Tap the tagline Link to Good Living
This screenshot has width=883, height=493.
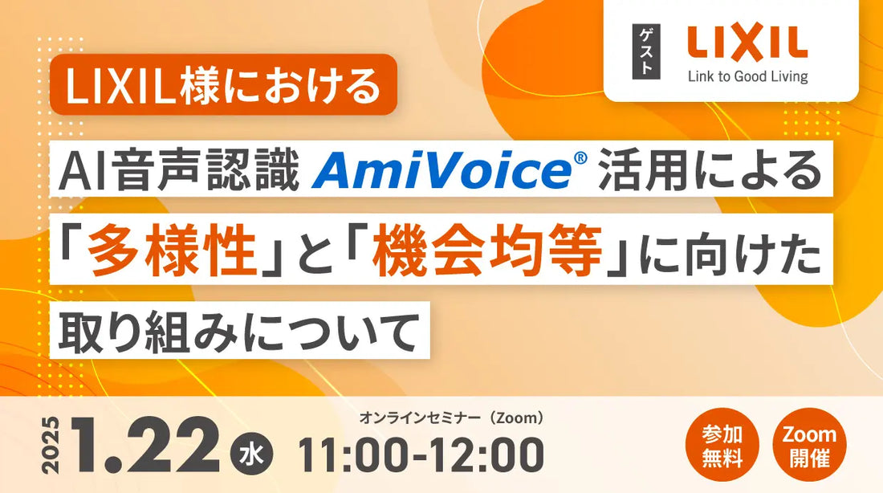pyautogui.click(x=747, y=77)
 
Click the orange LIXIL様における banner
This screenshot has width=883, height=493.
pyautogui.click(x=224, y=85)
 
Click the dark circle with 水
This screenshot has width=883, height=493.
pyautogui.click(x=252, y=454)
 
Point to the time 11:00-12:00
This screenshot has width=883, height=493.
pyautogui.click(x=421, y=454)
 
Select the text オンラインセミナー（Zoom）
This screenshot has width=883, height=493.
pyautogui.click(x=452, y=418)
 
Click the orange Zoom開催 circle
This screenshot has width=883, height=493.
pyautogui.click(x=808, y=447)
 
